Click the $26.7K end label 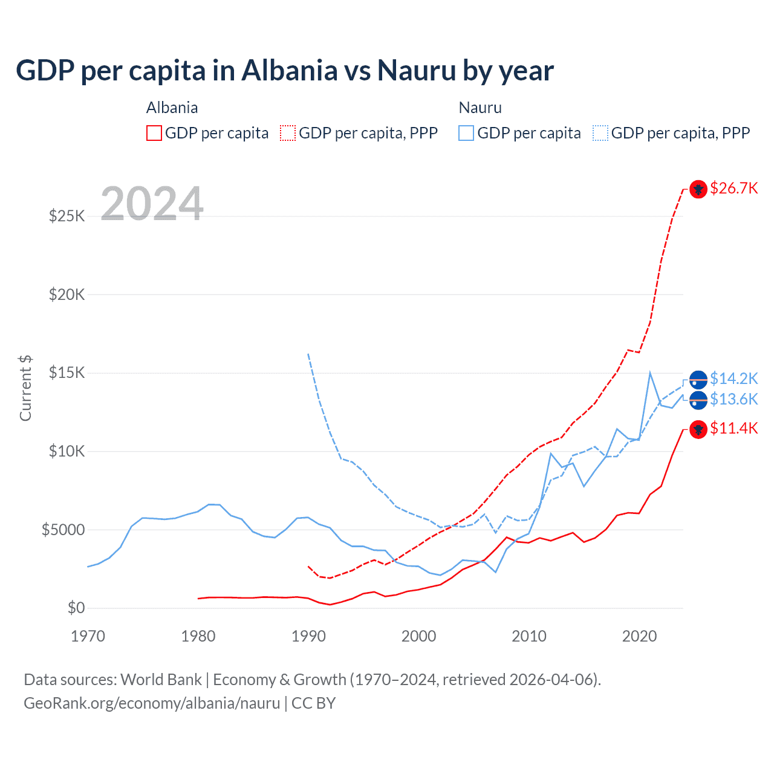click(x=733, y=188)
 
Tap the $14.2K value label click(x=733, y=379)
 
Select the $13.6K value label click(x=733, y=399)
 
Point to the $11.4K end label click(x=733, y=428)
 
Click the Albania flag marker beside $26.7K click(x=698, y=189)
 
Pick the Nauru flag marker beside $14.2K click(x=698, y=379)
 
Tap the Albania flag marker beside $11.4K click(x=698, y=429)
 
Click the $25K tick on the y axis click(x=67, y=216)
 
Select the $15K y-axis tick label click(x=67, y=372)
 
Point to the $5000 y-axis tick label click(x=63, y=530)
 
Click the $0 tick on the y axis click(x=76, y=608)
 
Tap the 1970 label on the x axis click(x=88, y=636)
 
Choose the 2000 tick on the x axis click(x=418, y=636)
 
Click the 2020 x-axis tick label click(x=639, y=636)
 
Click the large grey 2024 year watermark click(x=152, y=203)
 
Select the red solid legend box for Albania click(x=154, y=133)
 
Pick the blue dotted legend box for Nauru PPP click(x=600, y=133)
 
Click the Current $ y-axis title click(x=25, y=388)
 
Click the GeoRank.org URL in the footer click(x=152, y=703)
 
